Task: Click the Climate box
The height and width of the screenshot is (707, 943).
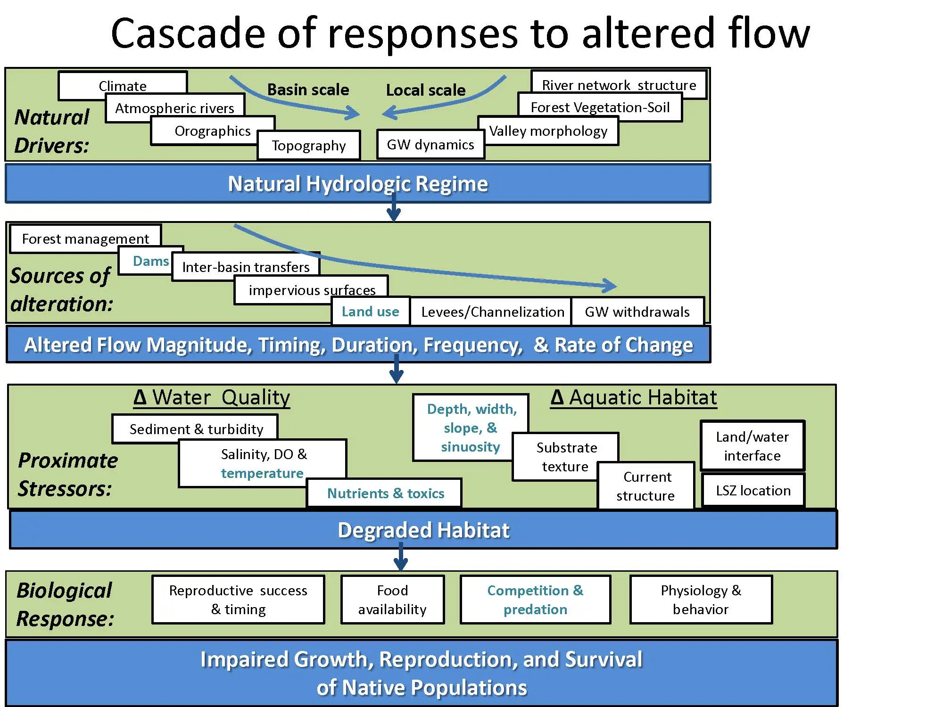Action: pos(123,85)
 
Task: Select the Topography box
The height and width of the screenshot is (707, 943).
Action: pos(309,145)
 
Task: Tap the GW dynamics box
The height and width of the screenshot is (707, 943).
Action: pos(430,144)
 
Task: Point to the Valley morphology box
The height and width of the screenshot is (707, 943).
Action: pos(548,131)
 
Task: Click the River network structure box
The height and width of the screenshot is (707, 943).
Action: pos(619,84)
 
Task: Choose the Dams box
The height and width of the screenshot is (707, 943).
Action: pos(151,261)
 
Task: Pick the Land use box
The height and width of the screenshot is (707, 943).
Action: pos(371,311)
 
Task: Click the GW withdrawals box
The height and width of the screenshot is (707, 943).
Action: pos(638,311)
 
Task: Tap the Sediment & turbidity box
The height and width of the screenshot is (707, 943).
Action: pos(195,428)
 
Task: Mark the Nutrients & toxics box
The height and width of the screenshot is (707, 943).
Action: pos(384,493)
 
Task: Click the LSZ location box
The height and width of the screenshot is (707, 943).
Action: pos(753,490)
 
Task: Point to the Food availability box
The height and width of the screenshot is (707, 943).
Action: pos(393,600)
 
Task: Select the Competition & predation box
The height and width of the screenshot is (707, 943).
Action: pos(536,600)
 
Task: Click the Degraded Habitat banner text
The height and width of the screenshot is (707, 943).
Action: pos(423,530)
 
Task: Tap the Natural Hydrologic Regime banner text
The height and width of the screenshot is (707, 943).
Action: pos(358,184)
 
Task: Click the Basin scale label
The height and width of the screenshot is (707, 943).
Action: pos(308,90)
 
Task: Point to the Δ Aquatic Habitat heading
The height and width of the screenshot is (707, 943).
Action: pos(634,397)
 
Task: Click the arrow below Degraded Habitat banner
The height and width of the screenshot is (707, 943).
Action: pos(401,557)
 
